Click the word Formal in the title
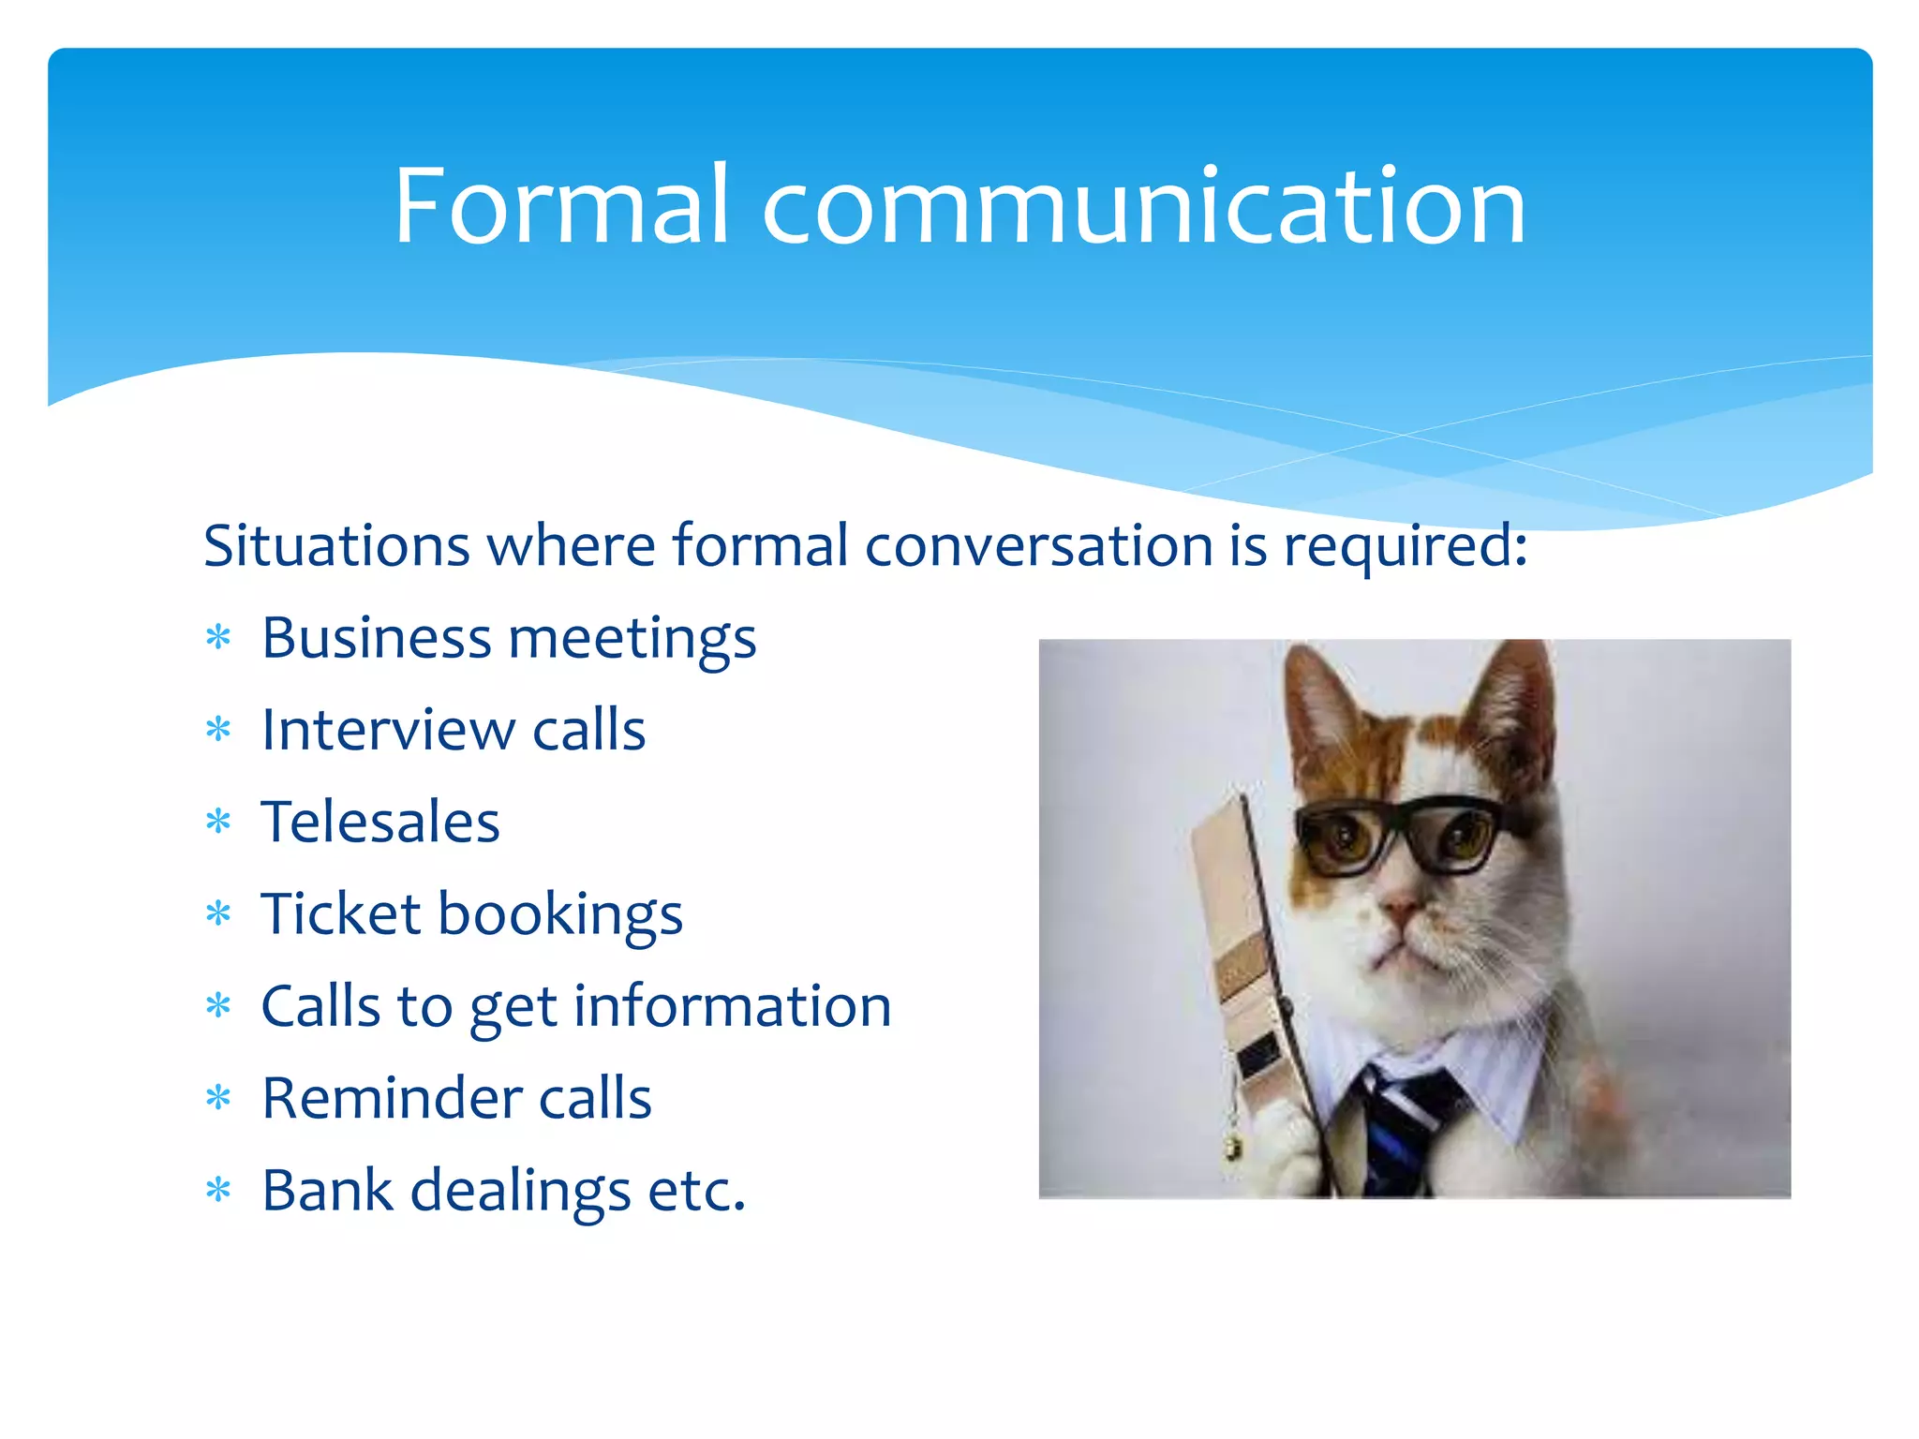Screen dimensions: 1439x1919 pyautogui.click(x=560, y=206)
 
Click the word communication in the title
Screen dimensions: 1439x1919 pyautogui.click(x=1144, y=206)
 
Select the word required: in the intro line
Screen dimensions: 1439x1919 pyautogui.click(x=1406, y=545)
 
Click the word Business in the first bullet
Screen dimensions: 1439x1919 pyautogui.click(x=376, y=638)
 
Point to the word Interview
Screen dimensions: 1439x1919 pyautogui.click(x=386, y=730)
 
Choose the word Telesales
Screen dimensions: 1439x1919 pyautogui.click(x=380, y=822)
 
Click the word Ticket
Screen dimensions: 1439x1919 pyautogui.click(x=340, y=913)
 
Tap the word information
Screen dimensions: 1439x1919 pyautogui.click(x=732, y=1006)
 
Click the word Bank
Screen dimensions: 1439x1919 pyautogui.click(x=327, y=1190)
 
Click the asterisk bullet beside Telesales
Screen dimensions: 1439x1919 pyautogui.click(x=218, y=822)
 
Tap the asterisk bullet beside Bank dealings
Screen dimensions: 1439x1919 pyautogui.click(x=218, y=1190)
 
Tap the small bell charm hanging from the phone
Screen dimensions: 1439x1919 pyautogui.click(x=1233, y=1145)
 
